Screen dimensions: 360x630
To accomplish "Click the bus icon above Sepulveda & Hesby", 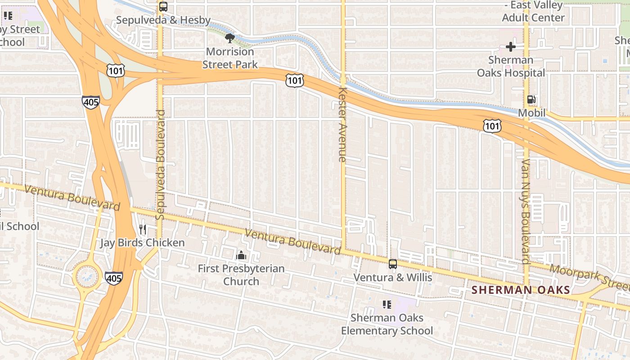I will [x=163, y=7].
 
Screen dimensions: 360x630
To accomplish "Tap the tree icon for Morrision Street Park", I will [x=230, y=38].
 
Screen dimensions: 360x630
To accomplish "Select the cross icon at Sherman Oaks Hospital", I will [x=510, y=46].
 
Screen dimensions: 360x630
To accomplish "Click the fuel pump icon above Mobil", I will [x=531, y=99].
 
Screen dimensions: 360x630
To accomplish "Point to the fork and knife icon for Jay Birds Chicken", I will [x=143, y=229].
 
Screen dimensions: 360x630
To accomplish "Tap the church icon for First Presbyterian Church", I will [x=241, y=256].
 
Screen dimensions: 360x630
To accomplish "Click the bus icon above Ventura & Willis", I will [x=393, y=264].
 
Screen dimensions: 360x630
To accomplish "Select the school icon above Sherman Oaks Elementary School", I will [x=387, y=305].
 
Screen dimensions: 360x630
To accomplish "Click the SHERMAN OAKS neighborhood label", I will [x=521, y=290].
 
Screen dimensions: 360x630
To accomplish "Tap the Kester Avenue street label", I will [x=342, y=124].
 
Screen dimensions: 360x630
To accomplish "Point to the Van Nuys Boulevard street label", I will [x=526, y=211].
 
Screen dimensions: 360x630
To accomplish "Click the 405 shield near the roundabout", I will [x=113, y=278].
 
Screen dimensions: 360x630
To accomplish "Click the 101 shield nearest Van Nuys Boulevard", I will [x=492, y=126].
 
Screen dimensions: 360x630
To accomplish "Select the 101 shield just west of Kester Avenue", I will [x=294, y=81].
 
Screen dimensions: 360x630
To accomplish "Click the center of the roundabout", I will [x=88, y=276].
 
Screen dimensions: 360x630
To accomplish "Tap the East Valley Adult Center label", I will [x=533, y=12].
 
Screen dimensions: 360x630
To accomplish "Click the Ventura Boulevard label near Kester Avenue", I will [x=292, y=242].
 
